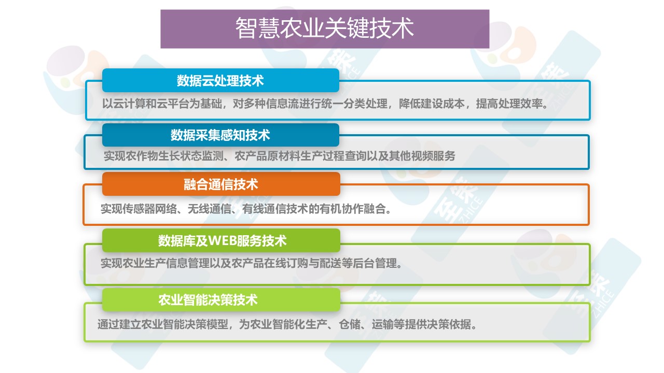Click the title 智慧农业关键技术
click(x=325, y=28)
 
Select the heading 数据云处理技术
click(x=220, y=81)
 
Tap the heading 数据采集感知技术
click(x=220, y=135)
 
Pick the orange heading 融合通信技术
click(x=221, y=184)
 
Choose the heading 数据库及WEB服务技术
click(x=223, y=241)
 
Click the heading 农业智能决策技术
click(x=208, y=300)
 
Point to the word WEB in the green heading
click(x=223, y=241)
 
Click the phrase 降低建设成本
click(x=432, y=104)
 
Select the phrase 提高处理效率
click(x=509, y=104)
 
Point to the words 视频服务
click(x=433, y=156)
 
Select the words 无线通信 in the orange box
click(x=210, y=209)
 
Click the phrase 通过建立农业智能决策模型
click(x=163, y=324)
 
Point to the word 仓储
click(x=350, y=324)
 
